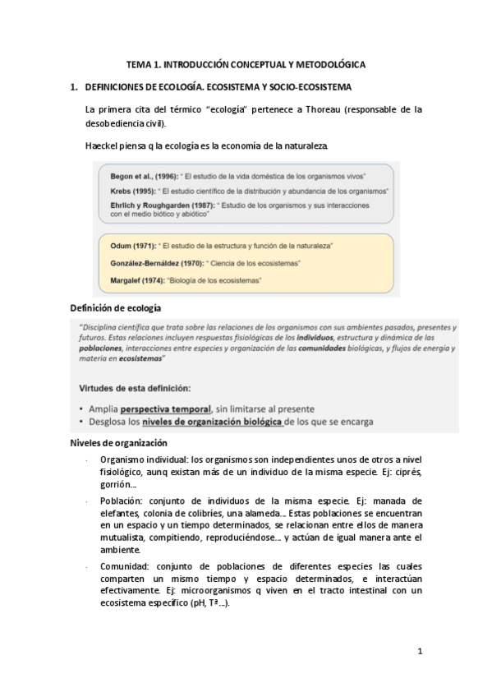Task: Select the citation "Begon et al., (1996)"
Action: (144, 177)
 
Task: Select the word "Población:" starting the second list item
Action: (119, 501)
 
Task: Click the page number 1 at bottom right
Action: (420, 653)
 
